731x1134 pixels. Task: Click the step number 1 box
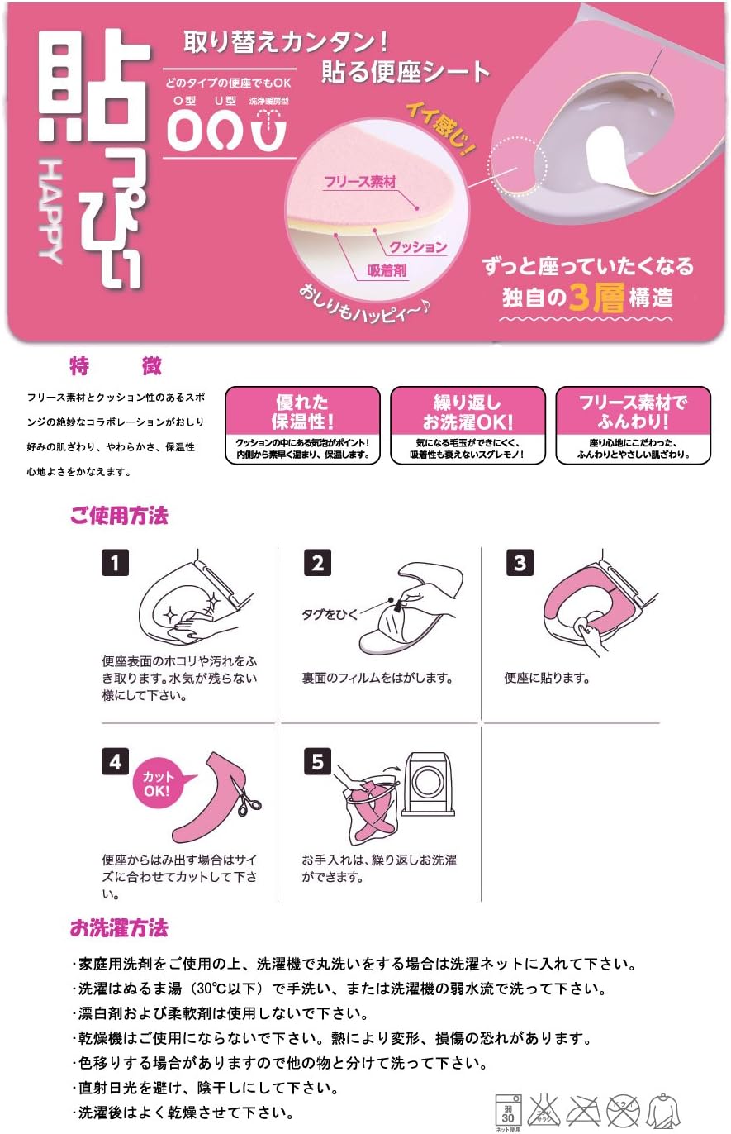(x=115, y=564)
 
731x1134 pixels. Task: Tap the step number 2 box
(x=317, y=564)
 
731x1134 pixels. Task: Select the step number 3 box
(x=520, y=564)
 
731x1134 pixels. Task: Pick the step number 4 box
(x=115, y=761)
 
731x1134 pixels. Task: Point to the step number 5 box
(x=317, y=761)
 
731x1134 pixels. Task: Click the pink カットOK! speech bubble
(x=159, y=783)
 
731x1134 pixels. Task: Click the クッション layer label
(x=419, y=246)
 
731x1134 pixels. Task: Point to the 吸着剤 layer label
(x=387, y=270)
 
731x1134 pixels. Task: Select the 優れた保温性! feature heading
(x=302, y=412)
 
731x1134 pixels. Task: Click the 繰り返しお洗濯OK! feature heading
(x=468, y=412)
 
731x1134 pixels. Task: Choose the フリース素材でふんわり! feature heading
(x=633, y=412)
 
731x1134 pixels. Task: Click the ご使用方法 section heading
(x=119, y=517)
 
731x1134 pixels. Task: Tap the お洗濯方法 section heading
(x=119, y=928)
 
